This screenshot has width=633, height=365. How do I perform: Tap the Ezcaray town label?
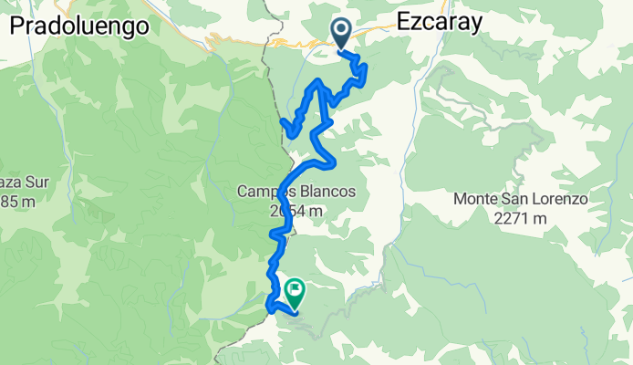click(x=440, y=25)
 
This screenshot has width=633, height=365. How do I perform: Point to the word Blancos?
click(x=326, y=192)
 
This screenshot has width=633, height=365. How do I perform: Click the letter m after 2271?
click(x=540, y=218)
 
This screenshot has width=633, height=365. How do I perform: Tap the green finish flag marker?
click(x=296, y=293)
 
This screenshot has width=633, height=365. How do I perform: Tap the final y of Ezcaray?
click(x=475, y=26)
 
